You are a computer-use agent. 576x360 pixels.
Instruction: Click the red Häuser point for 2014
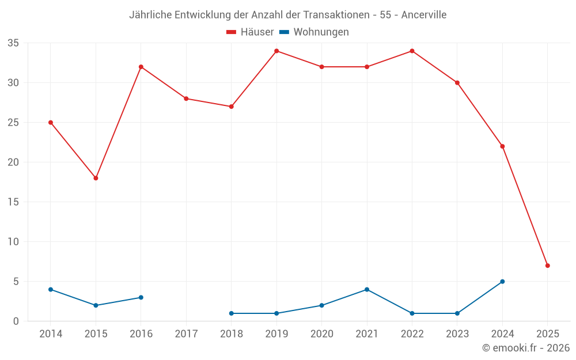51,123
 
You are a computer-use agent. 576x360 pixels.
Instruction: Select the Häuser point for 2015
96,178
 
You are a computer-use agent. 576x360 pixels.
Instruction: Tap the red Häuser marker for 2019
276,51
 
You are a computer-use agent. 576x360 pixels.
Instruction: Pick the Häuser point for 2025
547,266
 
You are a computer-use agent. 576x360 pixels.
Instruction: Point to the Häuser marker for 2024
502,146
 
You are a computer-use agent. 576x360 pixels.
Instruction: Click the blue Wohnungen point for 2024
502,282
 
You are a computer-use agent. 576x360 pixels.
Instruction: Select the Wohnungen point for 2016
141,297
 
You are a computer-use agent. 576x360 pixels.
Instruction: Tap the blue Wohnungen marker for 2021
367,290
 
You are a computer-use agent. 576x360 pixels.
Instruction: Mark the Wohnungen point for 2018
232,313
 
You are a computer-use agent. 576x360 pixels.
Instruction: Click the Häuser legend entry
250,32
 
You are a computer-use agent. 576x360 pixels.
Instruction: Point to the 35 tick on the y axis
13,43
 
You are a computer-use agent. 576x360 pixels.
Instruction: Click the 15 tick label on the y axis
13,202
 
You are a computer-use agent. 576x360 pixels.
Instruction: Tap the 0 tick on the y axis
16,321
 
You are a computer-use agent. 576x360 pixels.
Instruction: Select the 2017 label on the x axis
186,334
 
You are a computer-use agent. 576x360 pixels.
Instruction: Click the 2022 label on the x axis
412,334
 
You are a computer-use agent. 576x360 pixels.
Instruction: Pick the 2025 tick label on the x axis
547,334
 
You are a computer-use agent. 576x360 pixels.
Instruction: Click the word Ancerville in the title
424,15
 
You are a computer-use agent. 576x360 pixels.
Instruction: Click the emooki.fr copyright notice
525,348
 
